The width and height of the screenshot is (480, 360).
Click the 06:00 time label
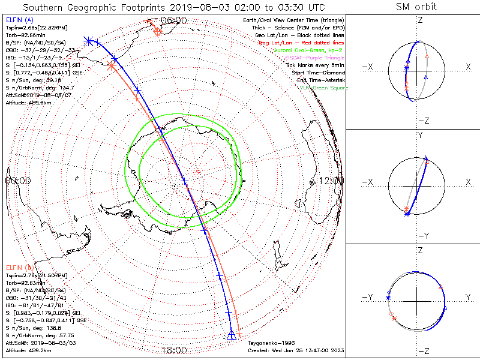point(175,20)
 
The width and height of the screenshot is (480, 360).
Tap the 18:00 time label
point(175,350)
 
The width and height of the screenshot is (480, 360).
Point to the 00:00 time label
point(18,180)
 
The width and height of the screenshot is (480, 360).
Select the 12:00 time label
point(331,180)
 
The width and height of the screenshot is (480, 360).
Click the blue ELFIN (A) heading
point(19,20)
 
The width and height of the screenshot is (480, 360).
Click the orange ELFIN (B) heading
point(19,267)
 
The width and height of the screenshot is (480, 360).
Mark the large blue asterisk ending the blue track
point(89,41)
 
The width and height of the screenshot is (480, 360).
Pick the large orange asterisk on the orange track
point(110,67)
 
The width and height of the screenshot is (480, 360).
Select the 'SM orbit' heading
point(416,7)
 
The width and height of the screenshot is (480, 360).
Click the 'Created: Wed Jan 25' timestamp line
point(296,350)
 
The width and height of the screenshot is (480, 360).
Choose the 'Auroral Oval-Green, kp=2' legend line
point(308,50)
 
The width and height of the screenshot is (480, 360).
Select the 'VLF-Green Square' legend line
point(323,88)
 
